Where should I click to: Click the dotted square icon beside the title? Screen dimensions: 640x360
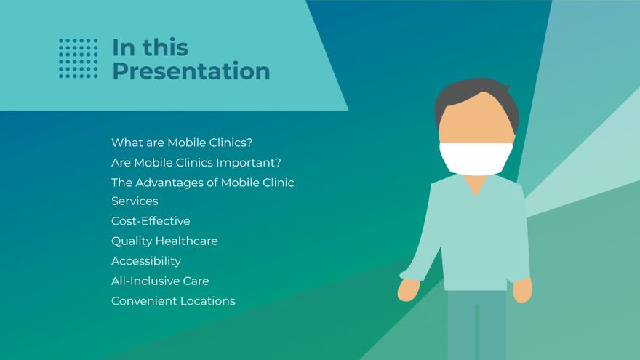coord(79,58)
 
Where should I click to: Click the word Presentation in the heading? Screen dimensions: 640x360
coord(191,71)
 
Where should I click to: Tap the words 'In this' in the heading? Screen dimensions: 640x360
coord(151,47)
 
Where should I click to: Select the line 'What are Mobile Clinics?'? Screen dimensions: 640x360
coord(182,143)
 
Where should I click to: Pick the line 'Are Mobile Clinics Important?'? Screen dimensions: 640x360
coord(196,162)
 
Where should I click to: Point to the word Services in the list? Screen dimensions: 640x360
coord(135,201)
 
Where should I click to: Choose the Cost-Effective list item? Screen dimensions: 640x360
coord(151,221)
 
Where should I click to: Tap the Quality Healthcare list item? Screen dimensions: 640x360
coord(164,241)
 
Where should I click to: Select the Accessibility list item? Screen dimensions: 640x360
coord(146,261)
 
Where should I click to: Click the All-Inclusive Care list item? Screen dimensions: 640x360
coord(160,281)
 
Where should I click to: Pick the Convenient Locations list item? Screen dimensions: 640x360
coord(173,301)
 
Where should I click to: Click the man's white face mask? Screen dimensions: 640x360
coord(476,158)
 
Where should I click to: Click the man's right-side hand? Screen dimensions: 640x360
coord(522,289)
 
